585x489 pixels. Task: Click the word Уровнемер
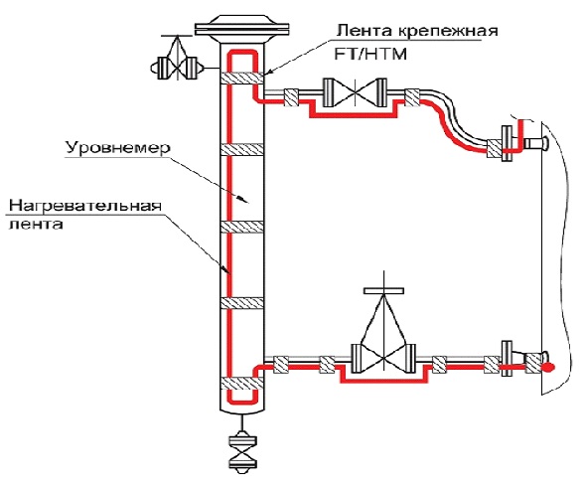coord(118,148)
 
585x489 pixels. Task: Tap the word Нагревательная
coord(85,206)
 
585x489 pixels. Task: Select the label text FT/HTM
coord(370,54)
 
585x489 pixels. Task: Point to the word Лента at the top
coord(365,30)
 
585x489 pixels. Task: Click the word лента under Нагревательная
coord(36,225)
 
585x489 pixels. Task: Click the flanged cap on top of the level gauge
coord(242,28)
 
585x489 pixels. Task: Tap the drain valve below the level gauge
coord(242,451)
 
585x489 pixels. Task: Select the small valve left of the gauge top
coord(177,68)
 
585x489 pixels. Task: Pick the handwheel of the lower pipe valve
coord(384,290)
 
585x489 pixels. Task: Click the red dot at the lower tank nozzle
coord(547,368)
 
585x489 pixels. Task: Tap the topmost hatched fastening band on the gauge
coord(242,78)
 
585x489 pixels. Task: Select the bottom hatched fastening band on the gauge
coord(242,383)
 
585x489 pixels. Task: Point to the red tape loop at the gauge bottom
coord(242,402)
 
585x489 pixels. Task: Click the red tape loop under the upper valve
coord(355,115)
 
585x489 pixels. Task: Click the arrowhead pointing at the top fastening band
coord(269,73)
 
